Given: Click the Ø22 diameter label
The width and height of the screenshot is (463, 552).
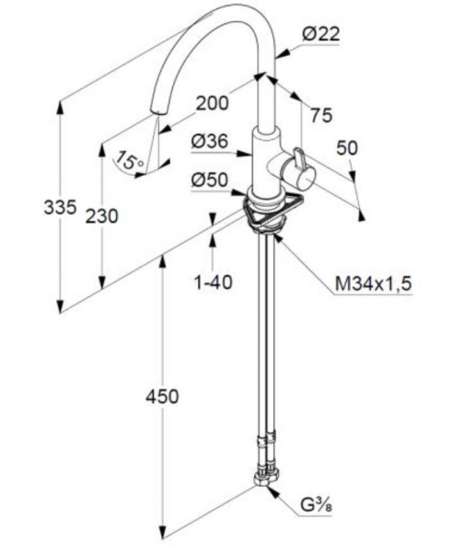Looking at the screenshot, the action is coord(320,35).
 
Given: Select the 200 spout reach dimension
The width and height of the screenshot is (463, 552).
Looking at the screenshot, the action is coord(212,103).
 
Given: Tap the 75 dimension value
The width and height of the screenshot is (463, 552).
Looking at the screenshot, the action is coord(321,115).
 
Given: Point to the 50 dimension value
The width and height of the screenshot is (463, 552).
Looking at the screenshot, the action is coord(347,148).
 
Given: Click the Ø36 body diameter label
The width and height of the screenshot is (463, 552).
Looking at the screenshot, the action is coord(210,142).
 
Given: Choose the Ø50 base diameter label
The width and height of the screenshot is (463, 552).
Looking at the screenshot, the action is coord(210,180).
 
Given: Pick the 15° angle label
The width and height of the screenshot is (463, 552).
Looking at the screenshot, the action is coord(130,159).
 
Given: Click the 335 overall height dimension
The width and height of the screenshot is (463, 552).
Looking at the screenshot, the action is coord(60,207).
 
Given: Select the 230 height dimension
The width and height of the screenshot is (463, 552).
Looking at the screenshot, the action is coord(102,216).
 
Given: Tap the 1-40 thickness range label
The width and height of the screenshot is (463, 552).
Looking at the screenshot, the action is coord(214,282).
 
